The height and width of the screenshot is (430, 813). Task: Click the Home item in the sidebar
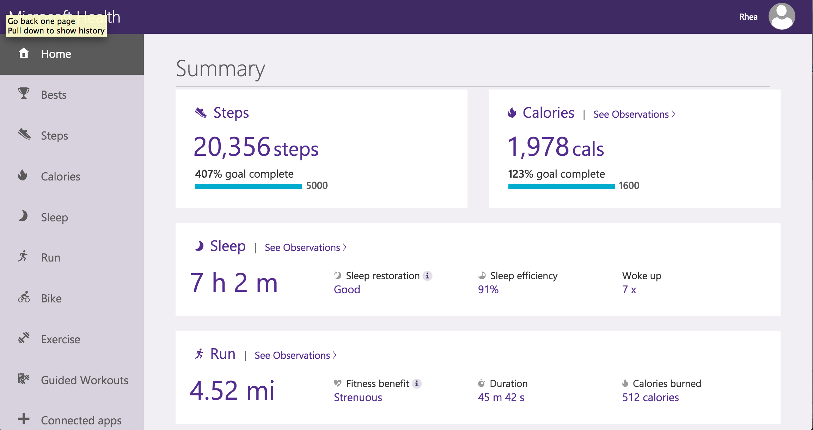(x=56, y=54)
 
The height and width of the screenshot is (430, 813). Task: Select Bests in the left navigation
(x=54, y=95)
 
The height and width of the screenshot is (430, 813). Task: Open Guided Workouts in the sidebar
(x=84, y=380)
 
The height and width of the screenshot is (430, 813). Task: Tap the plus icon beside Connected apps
(x=24, y=419)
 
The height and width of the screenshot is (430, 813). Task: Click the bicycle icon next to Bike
(x=24, y=298)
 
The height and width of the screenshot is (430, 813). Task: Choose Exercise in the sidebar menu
(x=60, y=339)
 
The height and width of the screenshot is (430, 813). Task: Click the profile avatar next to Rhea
(x=782, y=17)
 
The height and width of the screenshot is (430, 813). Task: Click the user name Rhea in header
(x=748, y=17)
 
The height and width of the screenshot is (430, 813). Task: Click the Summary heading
(x=220, y=69)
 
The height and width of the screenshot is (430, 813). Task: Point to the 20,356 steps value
(x=256, y=147)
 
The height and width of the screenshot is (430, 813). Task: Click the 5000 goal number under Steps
(x=317, y=186)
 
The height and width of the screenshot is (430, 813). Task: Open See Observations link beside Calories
(x=634, y=114)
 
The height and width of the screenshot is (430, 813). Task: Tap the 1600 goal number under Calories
(x=629, y=186)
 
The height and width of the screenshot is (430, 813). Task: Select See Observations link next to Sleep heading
(x=305, y=247)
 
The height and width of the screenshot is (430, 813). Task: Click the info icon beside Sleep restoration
(x=427, y=276)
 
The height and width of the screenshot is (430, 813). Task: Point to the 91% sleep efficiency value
(x=488, y=290)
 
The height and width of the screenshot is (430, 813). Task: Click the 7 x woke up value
(x=629, y=290)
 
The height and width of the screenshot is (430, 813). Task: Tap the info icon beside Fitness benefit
(x=417, y=383)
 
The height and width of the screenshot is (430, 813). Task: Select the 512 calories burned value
(x=650, y=398)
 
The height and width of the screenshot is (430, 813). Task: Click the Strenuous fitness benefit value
(x=357, y=398)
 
